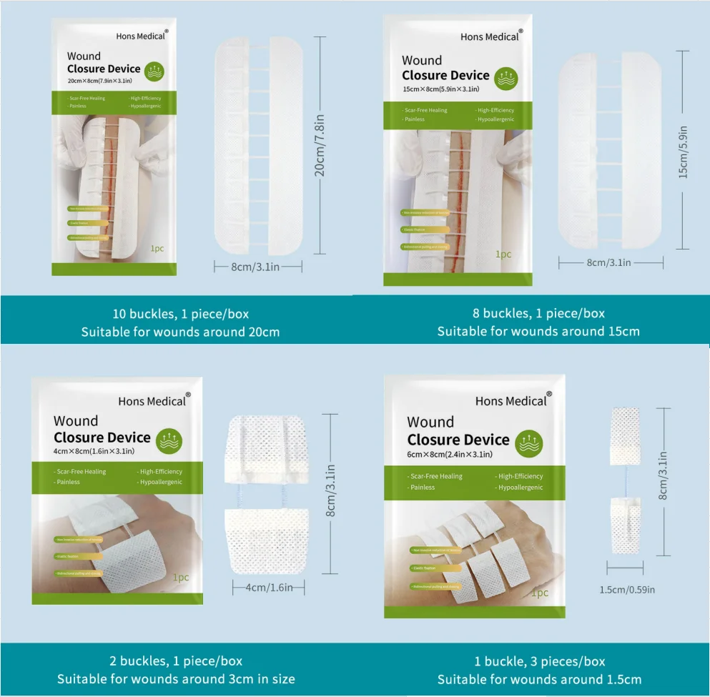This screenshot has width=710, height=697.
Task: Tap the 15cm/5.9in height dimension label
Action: tap(684, 152)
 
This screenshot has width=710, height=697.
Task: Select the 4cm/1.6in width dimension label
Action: tap(268, 588)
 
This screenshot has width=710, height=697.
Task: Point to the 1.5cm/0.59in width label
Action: tap(627, 590)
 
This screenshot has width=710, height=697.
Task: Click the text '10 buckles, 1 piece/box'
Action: tap(180, 314)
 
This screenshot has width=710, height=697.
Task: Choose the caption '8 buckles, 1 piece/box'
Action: tap(538, 313)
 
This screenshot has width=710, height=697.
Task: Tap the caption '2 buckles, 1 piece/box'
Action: tap(175, 661)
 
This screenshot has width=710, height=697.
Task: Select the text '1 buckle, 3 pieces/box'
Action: tap(539, 661)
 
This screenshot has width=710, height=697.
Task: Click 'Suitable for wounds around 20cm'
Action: tap(180, 332)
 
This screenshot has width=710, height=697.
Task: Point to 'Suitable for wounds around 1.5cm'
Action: tap(539, 679)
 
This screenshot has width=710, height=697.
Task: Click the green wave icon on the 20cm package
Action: tap(154, 71)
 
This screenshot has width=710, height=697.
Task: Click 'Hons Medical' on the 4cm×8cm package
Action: tap(152, 401)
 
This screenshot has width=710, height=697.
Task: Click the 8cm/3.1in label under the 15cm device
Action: tap(608, 263)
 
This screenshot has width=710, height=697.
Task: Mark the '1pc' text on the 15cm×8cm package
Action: tap(503, 254)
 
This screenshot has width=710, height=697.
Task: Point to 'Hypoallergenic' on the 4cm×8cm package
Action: tap(160, 482)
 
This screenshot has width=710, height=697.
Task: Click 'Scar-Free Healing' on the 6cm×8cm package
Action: tap(436, 476)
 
